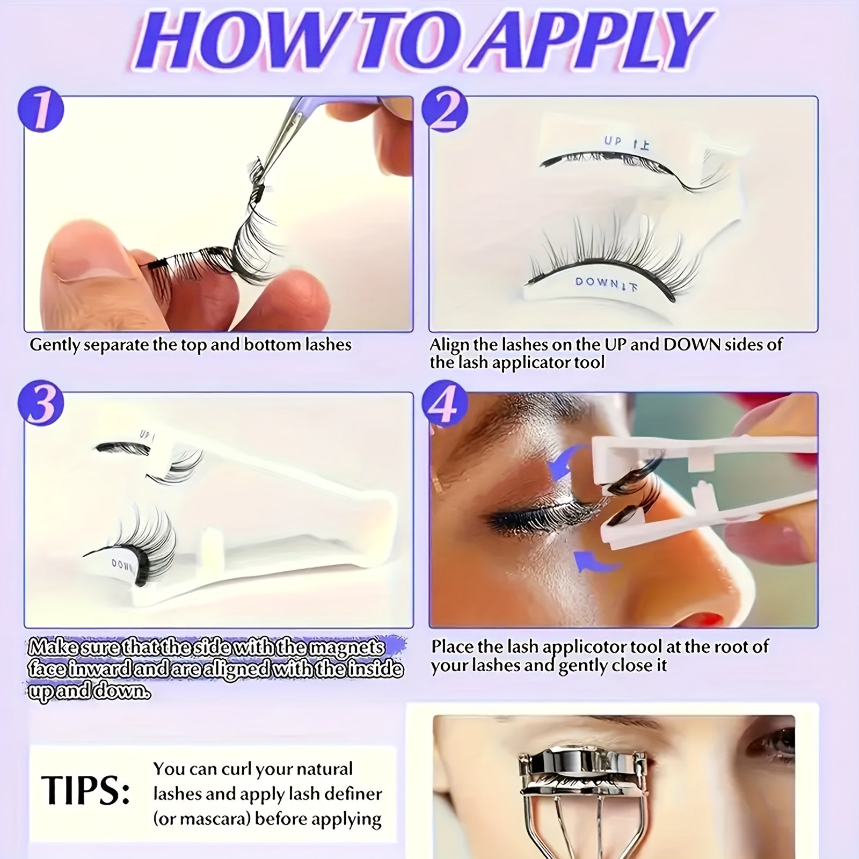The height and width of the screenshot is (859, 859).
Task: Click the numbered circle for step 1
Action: tap(41, 111)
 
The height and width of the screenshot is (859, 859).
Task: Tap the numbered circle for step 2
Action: tap(445, 111)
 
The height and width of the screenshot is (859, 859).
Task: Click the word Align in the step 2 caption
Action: tap(449, 345)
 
